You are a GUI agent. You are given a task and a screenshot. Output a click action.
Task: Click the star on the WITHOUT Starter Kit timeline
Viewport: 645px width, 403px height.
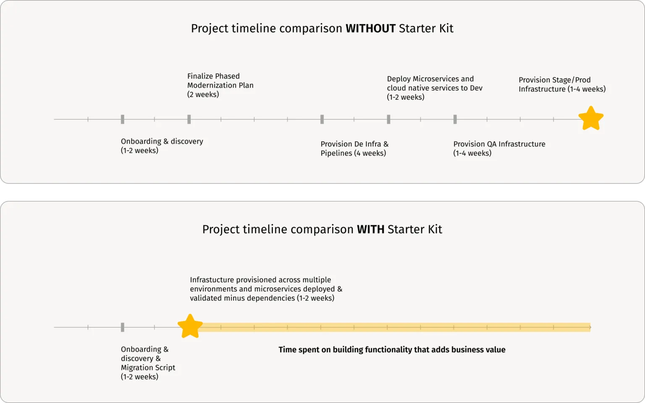591,119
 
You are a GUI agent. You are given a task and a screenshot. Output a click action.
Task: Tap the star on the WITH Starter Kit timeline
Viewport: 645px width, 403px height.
190,326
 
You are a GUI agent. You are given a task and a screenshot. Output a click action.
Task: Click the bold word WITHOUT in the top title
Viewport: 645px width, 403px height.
370,29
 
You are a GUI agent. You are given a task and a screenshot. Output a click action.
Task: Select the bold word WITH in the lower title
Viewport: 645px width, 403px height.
370,229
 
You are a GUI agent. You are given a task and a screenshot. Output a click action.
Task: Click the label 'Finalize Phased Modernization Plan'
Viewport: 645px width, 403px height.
220,85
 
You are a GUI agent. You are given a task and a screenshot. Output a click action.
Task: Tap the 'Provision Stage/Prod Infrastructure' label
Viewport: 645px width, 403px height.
562,84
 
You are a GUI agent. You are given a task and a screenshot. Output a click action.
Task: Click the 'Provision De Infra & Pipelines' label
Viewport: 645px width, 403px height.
354,148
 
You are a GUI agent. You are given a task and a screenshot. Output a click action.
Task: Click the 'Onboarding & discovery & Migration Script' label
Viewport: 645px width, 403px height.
148,363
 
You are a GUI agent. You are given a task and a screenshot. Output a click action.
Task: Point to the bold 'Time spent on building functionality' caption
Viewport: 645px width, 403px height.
392,350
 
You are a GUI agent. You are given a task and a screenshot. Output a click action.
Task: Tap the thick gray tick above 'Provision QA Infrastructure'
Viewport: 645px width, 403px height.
455,120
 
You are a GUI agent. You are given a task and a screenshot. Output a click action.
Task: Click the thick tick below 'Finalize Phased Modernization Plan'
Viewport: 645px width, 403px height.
189,120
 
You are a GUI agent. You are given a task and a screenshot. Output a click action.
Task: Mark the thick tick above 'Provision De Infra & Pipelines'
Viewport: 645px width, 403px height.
322,120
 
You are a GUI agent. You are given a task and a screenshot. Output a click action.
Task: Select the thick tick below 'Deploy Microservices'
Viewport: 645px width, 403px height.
388,120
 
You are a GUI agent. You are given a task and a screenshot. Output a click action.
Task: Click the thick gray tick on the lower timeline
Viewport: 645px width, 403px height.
122,328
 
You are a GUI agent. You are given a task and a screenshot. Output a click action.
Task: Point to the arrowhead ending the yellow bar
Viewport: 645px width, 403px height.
590,328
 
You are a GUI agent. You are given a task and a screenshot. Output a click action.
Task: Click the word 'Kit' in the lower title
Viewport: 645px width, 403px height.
435,229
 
